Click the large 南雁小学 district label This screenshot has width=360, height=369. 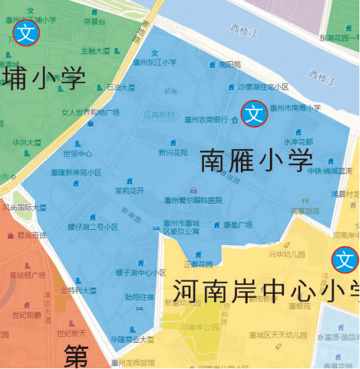click(x=256, y=161)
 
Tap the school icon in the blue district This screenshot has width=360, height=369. click(x=254, y=114)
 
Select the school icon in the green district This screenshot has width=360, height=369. click(x=26, y=32)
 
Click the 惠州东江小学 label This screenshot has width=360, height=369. click(x=155, y=63)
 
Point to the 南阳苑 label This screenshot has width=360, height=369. click(x=229, y=65)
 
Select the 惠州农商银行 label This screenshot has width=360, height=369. click(x=206, y=120)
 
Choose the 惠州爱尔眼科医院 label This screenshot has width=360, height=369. click(x=193, y=200)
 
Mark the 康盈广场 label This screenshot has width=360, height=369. click(x=238, y=224)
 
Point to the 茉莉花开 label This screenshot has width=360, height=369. click(x=129, y=190)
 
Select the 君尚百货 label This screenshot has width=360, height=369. click(x=32, y=235)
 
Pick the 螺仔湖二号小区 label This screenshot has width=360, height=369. click(x=93, y=227)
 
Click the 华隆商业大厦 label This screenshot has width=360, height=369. click(x=132, y=339)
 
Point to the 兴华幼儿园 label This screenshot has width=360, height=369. click(x=287, y=255)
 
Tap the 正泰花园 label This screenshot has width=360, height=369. click(x=198, y=264)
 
